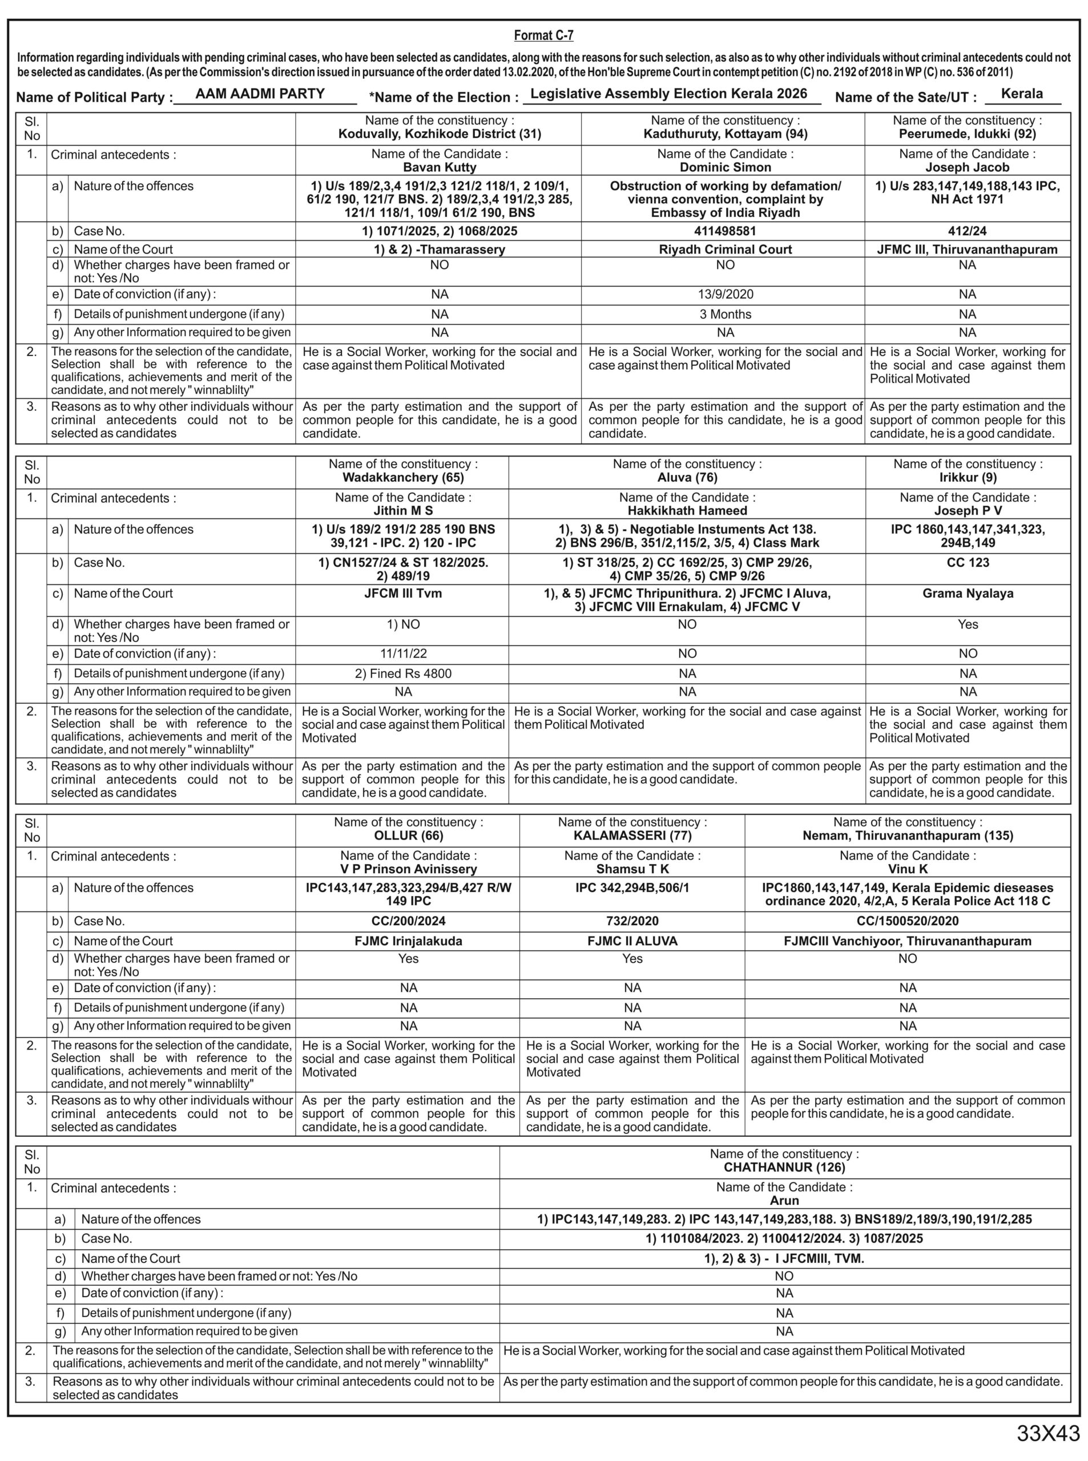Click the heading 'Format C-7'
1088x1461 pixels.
click(543, 35)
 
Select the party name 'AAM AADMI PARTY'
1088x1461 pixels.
click(260, 94)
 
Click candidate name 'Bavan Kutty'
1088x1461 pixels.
click(440, 167)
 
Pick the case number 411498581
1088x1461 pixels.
click(725, 231)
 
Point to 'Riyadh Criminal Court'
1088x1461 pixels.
click(725, 249)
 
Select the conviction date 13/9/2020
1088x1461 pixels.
click(725, 294)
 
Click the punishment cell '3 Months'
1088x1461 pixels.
click(725, 314)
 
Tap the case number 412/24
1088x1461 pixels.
click(968, 231)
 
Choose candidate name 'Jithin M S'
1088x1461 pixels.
click(403, 511)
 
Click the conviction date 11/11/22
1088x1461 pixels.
click(403, 654)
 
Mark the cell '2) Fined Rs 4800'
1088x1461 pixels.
click(403, 673)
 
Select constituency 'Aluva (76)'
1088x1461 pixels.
click(687, 477)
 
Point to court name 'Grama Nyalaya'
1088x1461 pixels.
click(968, 593)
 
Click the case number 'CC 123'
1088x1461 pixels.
click(968, 562)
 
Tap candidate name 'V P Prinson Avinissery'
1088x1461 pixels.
click(408, 869)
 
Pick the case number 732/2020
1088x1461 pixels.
click(632, 921)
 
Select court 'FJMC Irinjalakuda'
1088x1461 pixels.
click(408, 941)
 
